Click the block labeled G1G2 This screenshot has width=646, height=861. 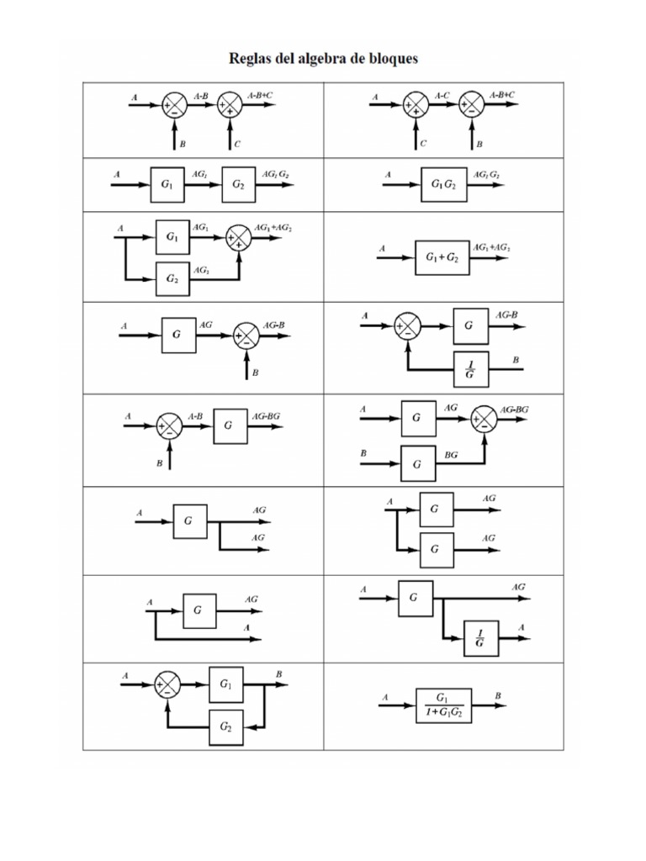pyautogui.click(x=442, y=184)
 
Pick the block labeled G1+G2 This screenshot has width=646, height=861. pyautogui.click(x=442, y=258)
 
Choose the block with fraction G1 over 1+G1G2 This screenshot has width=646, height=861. pyautogui.click(x=443, y=705)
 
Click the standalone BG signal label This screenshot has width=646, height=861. pyautogui.click(x=451, y=454)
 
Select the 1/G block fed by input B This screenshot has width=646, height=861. pyautogui.click(x=469, y=367)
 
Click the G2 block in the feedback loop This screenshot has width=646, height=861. pyautogui.click(x=226, y=726)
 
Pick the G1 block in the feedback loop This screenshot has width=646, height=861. pyautogui.click(x=226, y=684)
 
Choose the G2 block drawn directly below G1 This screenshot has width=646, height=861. pyautogui.click(x=172, y=279)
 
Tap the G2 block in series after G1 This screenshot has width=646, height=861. pyautogui.click(x=239, y=184)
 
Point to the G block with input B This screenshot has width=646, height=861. pyautogui.click(x=418, y=461)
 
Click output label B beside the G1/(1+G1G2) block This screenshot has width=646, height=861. pyautogui.click(x=498, y=696)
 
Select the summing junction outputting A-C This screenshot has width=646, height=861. pyautogui.click(x=415, y=104)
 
